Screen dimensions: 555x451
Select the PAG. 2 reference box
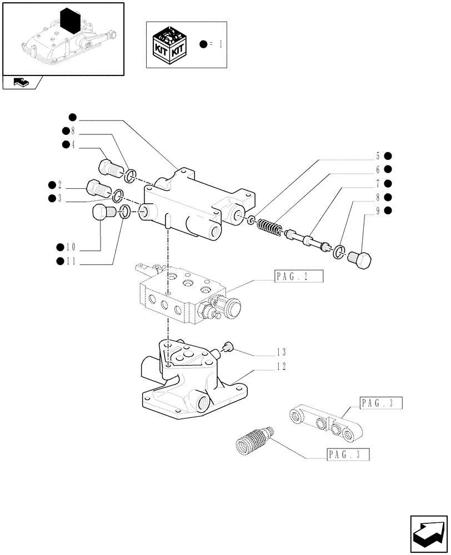pyautogui.click(x=298, y=277)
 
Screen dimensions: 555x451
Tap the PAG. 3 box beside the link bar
pyautogui.click(x=380, y=403)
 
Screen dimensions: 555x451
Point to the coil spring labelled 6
pyautogui.click(x=270, y=227)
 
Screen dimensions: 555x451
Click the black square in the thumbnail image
pyautogui.click(x=71, y=21)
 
